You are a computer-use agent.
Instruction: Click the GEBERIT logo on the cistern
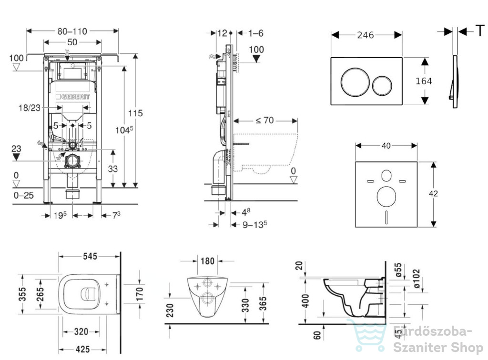coord(73,97)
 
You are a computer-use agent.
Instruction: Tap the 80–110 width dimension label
coord(72,31)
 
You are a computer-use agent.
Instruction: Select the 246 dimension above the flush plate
coord(366,35)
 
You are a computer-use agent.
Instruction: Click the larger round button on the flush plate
coord(355,81)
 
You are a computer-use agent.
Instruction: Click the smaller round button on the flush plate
coord(383,85)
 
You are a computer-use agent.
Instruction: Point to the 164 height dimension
coord(424,81)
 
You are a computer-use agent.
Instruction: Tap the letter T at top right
coord(480,30)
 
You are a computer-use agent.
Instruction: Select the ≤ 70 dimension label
coord(264,120)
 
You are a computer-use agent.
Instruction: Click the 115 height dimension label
coord(135,113)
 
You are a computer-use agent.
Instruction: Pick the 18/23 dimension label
coord(30,108)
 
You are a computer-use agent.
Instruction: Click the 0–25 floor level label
coord(24,195)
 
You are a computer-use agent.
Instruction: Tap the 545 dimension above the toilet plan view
coord(90,256)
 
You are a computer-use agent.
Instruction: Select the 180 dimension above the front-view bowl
coord(207,261)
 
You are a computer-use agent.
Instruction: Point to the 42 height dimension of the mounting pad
coord(433,193)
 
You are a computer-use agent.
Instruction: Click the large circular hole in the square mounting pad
coord(386,197)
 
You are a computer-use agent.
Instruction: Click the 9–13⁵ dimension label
coord(254,224)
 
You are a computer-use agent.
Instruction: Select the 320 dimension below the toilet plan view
coord(81,331)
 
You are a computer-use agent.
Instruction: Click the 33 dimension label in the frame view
coord(112,169)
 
